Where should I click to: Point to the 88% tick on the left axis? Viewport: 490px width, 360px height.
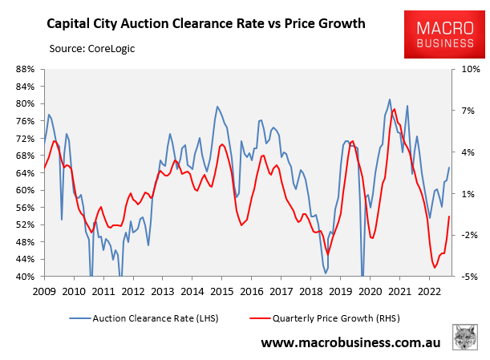point(22,69)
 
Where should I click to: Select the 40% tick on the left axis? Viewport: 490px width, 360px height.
point(22,277)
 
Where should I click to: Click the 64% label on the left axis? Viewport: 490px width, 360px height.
point(22,172)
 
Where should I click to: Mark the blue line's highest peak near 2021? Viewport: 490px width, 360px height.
point(390,99)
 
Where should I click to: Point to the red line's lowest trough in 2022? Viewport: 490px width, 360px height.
point(435,268)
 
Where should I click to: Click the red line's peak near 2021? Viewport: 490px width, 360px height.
point(394,109)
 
